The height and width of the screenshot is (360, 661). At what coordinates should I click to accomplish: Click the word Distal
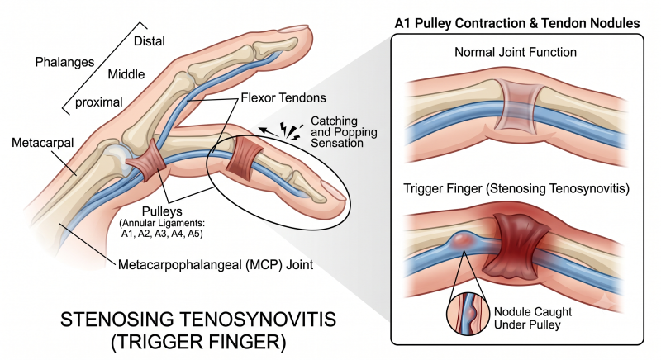click(150, 41)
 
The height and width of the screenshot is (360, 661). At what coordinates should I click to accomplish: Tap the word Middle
click(126, 74)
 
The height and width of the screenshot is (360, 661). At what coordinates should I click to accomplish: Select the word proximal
click(98, 102)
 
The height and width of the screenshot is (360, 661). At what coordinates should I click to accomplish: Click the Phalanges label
click(64, 62)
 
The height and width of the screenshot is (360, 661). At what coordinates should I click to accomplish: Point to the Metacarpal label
click(43, 143)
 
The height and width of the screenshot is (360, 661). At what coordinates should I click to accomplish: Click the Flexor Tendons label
click(283, 98)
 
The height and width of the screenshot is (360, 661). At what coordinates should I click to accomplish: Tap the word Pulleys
click(162, 211)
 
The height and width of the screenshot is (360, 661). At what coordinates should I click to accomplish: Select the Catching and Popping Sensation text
click(344, 132)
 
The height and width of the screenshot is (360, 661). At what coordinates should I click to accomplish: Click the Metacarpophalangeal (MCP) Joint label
click(216, 265)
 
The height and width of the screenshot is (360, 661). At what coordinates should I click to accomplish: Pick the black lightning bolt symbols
click(291, 131)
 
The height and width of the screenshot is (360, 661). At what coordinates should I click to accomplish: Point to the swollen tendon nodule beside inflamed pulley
click(464, 240)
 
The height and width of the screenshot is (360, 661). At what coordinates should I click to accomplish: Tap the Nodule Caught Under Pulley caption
click(533, 319)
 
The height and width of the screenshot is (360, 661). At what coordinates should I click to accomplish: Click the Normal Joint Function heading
click(515, 52)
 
